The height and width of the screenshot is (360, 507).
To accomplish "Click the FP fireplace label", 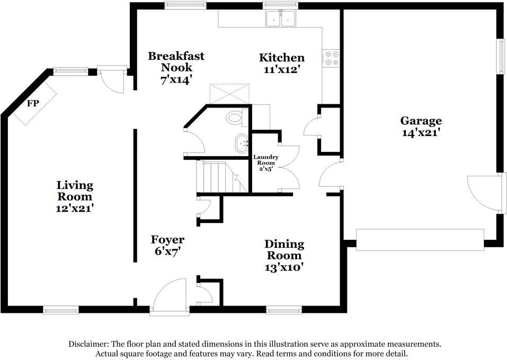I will (x=33, y=104).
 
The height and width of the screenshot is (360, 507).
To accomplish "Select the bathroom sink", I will (x=242, y=143).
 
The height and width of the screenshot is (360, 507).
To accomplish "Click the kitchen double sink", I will (x=280, y=20).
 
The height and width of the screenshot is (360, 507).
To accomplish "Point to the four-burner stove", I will (x=332, y=58).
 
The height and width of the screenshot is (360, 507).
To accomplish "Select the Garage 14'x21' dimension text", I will (x=421, y=133).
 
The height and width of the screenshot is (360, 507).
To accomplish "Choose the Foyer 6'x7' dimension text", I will (x=167, y=252).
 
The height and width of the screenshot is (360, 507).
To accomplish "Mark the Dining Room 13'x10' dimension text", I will (x=284, y=267).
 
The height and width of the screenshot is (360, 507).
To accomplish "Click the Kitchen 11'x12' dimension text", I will (x=281, y=69).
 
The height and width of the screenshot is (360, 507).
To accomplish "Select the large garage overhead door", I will (x=420, y=239).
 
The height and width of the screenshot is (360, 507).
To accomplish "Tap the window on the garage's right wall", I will (x=500, y=56).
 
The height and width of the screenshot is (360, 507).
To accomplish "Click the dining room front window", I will (x=284, y=310).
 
